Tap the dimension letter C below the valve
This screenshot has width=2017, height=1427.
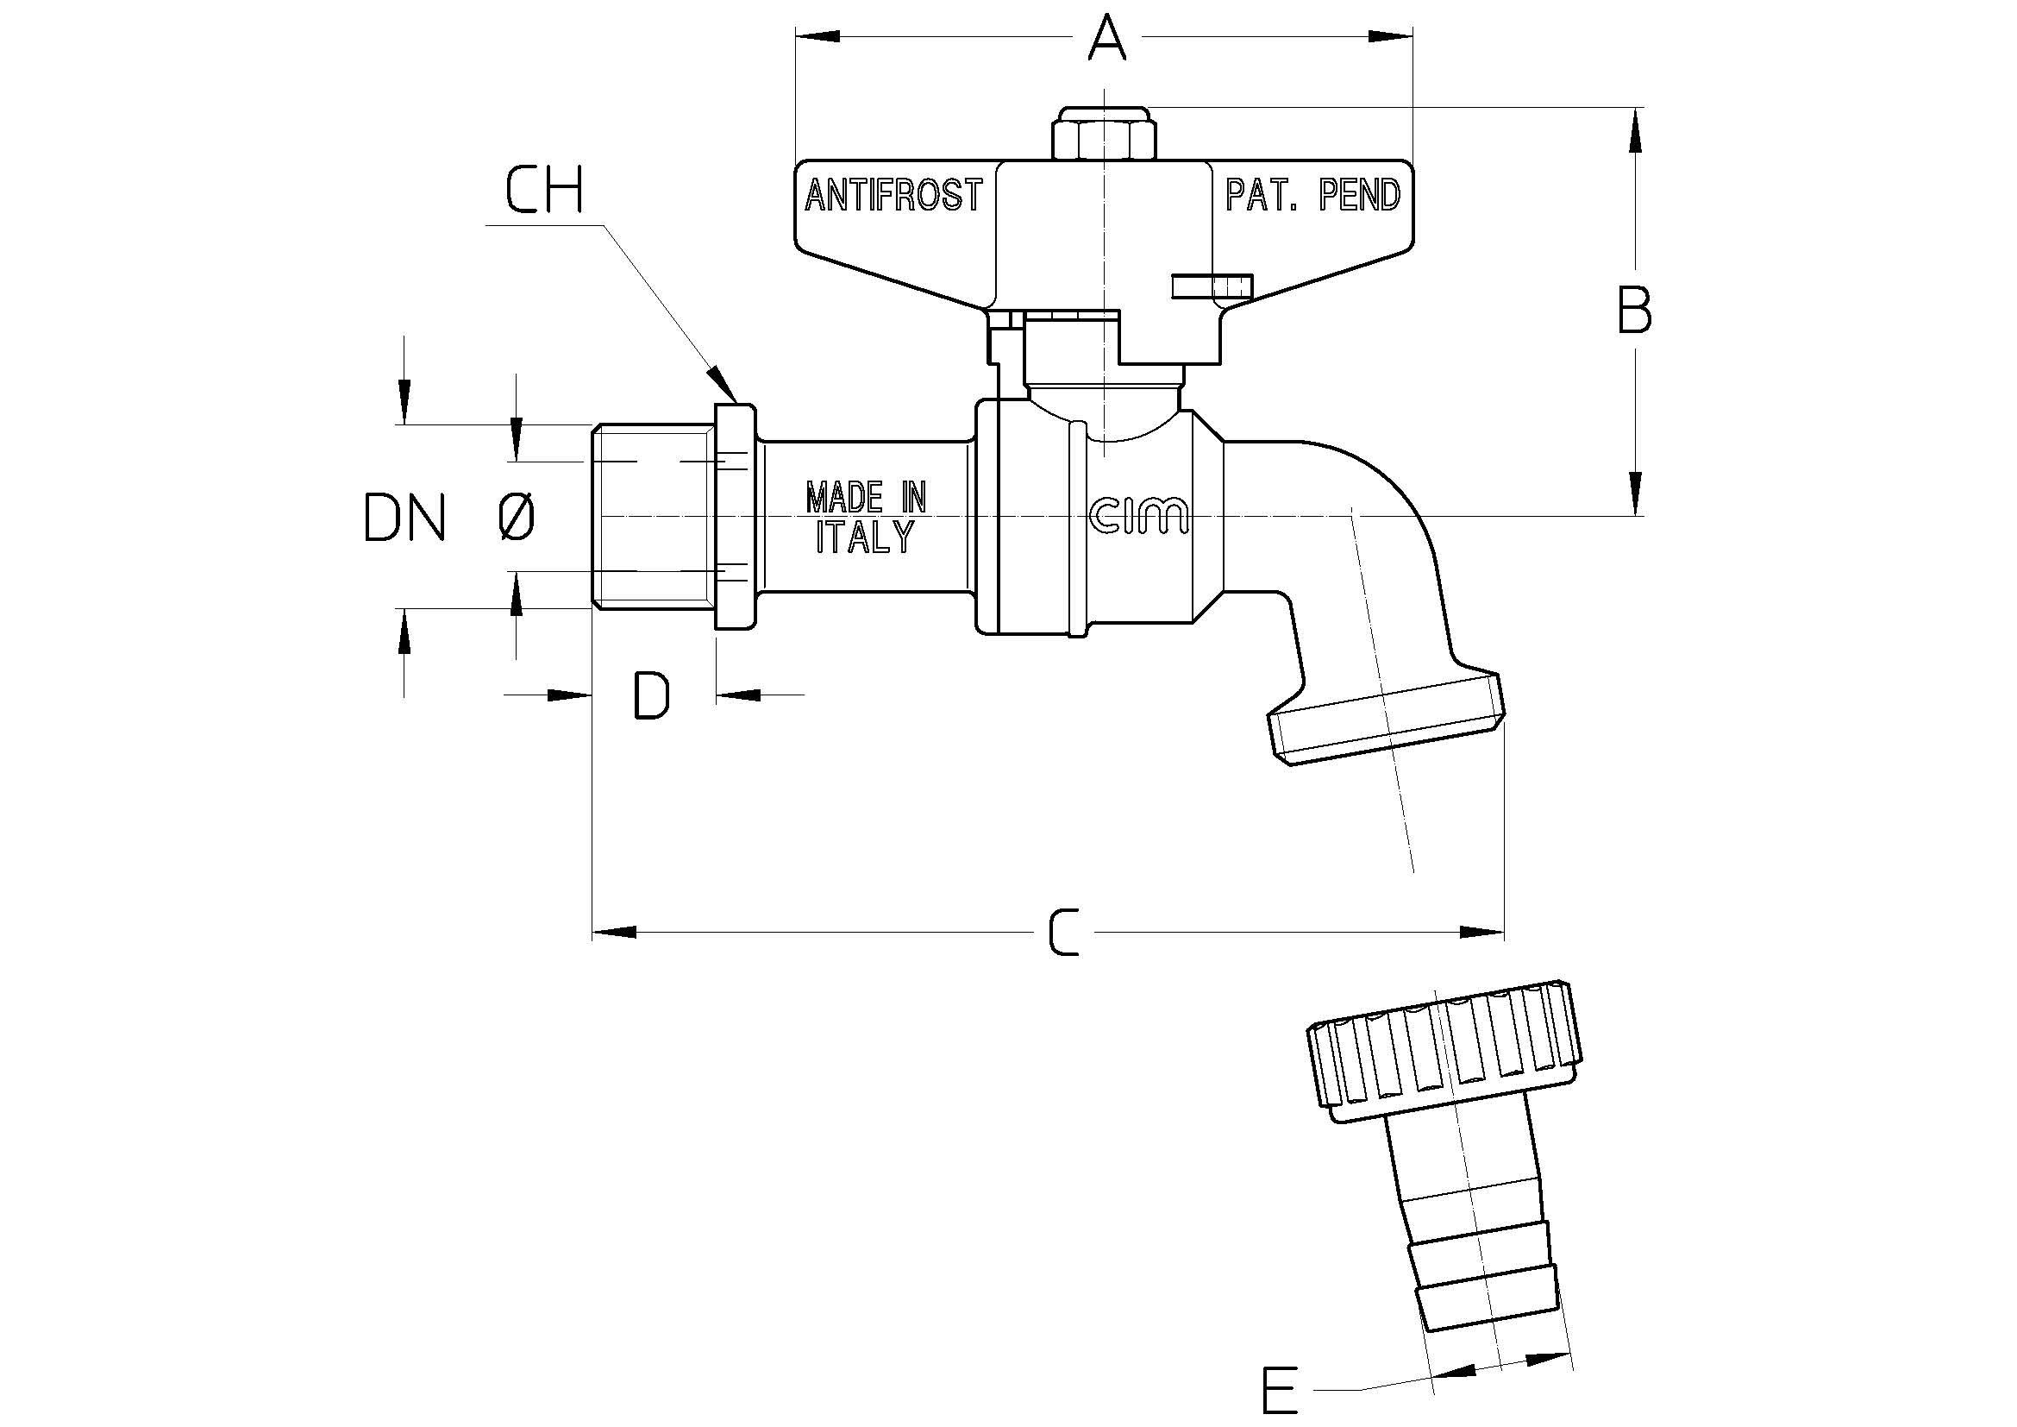[x=1065, y=932]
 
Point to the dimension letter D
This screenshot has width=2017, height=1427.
[x=652, y=695]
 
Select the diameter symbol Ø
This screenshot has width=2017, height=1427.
[x=517, y=517]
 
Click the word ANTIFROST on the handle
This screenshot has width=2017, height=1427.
[x=893, y=195]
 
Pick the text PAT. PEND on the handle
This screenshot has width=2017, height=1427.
[x=1312, y=195]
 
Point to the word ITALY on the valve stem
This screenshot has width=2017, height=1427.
[x=866, y=536]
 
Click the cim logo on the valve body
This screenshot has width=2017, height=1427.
[x=1138, y=516]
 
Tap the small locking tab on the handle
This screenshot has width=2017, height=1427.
[x=1212, y=286]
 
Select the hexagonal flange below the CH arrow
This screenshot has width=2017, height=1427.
[x=736, y=517]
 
